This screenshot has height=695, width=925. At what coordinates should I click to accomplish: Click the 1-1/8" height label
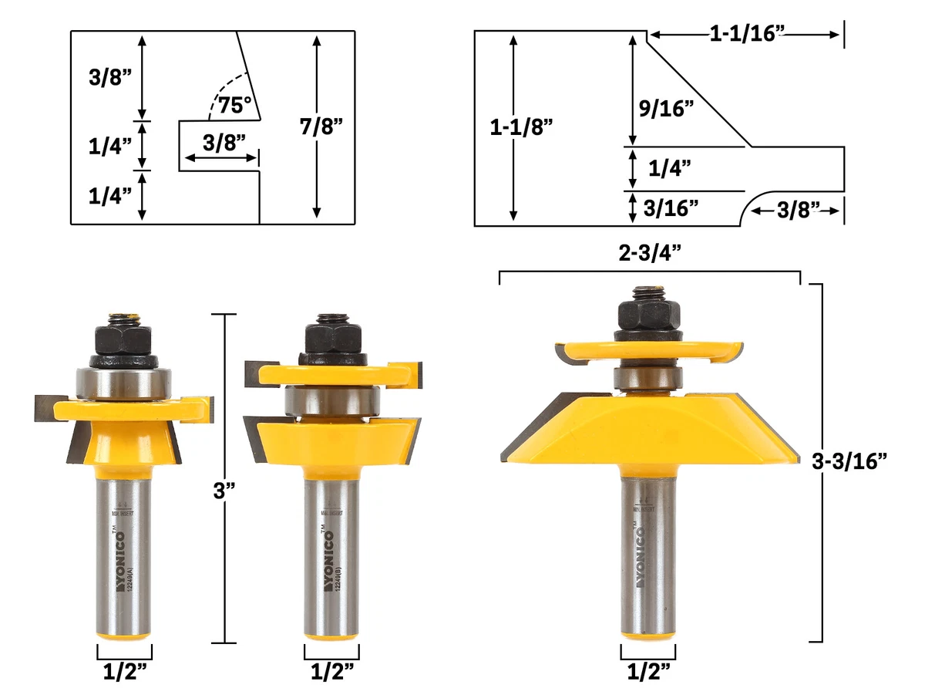[x=522, y=127]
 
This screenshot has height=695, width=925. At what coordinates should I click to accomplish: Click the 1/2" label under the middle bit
[x=331, y=670]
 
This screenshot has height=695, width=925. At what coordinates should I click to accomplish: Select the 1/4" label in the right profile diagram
[x=669, y=167]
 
